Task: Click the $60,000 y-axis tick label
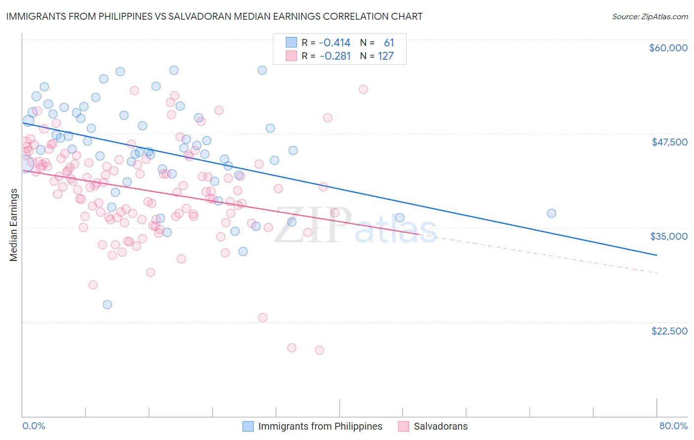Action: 668,48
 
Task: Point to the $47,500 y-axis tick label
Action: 669,142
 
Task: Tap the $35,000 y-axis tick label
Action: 668,236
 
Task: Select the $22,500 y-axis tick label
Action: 669,331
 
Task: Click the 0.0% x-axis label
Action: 34,426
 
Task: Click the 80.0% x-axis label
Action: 673,426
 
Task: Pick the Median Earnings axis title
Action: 14,225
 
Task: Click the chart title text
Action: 214,16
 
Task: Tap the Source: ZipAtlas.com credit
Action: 650,17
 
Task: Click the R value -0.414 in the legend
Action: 335,43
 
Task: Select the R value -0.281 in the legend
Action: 335,56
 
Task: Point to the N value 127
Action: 386,56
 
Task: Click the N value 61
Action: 389,43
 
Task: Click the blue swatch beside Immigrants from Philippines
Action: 248,426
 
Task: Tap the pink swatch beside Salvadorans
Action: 403,426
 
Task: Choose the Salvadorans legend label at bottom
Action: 440,426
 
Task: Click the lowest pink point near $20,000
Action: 319,350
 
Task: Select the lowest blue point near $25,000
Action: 107,304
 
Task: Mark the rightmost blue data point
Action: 551,213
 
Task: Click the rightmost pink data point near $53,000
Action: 363,89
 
